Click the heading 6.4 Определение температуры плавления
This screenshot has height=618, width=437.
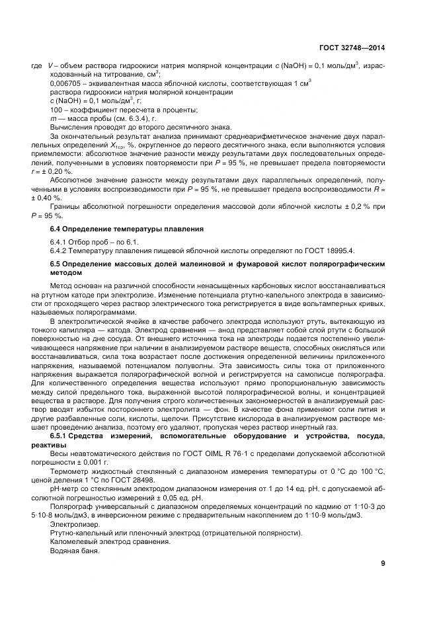[x=126, y=228]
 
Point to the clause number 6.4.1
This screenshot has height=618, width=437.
[x=60, y=242]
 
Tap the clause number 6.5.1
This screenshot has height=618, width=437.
[x=61, y=438]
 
